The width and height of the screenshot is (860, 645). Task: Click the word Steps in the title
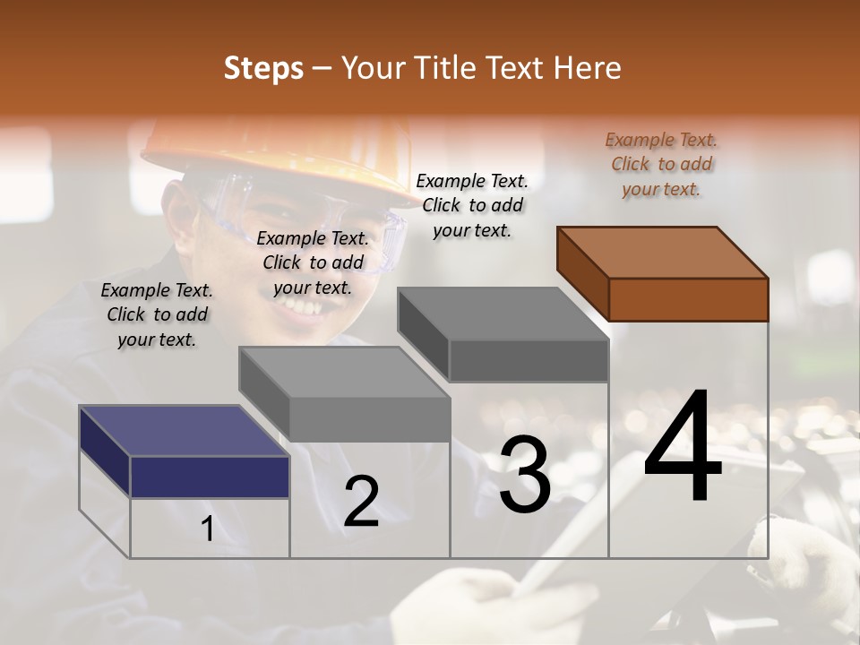[x=263, y=68]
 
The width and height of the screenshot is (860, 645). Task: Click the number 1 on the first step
[x=208, y=529]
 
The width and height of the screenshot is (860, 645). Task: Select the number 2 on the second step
[x=361, y=503]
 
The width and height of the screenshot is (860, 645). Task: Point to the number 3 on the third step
[x=524, y=475]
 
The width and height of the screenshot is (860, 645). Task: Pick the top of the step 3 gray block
[x=503, y=314]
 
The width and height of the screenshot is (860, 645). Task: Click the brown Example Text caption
[x=661, y=164]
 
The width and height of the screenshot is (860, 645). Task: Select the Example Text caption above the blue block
[x=157, y=314]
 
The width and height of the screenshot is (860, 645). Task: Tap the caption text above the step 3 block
[x=472, y=205]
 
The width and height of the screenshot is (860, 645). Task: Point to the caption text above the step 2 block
[x=313, y=262]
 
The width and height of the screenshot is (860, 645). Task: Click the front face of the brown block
[x=688, y=299]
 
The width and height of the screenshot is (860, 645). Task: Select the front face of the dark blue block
[x=210, y=477]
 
